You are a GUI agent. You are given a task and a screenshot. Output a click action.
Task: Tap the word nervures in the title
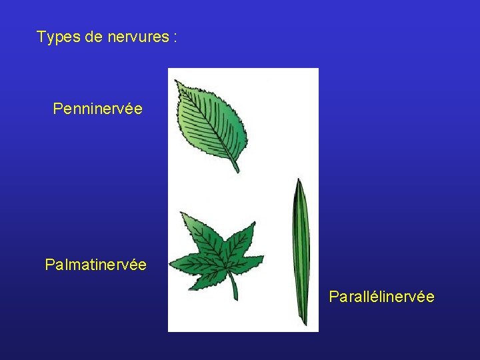137,37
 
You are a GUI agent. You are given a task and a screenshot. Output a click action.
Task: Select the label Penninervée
97,108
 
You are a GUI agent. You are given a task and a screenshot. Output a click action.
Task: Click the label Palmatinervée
95,265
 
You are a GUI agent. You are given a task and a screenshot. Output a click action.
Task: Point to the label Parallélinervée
381,296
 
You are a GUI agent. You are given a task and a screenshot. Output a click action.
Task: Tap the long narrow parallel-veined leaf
302,253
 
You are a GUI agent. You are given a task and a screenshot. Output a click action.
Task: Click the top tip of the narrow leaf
297,180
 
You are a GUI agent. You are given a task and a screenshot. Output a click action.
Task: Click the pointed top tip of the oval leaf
176,81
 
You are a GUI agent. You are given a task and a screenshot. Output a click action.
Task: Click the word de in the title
92,37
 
